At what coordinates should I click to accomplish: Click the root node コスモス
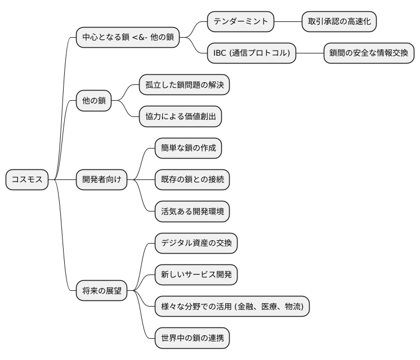[x=27, y=179]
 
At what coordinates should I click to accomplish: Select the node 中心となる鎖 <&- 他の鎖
[x=127, y=38]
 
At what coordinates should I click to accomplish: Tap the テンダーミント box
[x=240, y=22]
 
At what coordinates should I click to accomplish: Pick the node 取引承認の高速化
[x=339, y=22]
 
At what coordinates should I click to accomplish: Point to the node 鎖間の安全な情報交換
[x=369, y=54]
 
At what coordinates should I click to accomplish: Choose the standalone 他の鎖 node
[x=93, y=102]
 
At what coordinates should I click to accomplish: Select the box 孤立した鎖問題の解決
[x=185, y=85]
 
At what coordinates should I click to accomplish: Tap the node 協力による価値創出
[x=180, y=117]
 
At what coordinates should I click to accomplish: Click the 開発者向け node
[x=101, y=179]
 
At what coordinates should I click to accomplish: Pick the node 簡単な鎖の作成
[x=188, y=148]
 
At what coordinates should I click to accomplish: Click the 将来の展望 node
[x=101, y=291]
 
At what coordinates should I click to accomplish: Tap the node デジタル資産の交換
[x=196, y=243]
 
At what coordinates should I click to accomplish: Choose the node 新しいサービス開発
[x=196, y=275]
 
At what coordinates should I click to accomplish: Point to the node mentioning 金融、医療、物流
[x=231, y=307]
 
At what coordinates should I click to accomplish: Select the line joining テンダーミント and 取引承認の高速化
[x=288, y=22]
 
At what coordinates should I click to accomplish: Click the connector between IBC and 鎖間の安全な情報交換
[x=310, y=54]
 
